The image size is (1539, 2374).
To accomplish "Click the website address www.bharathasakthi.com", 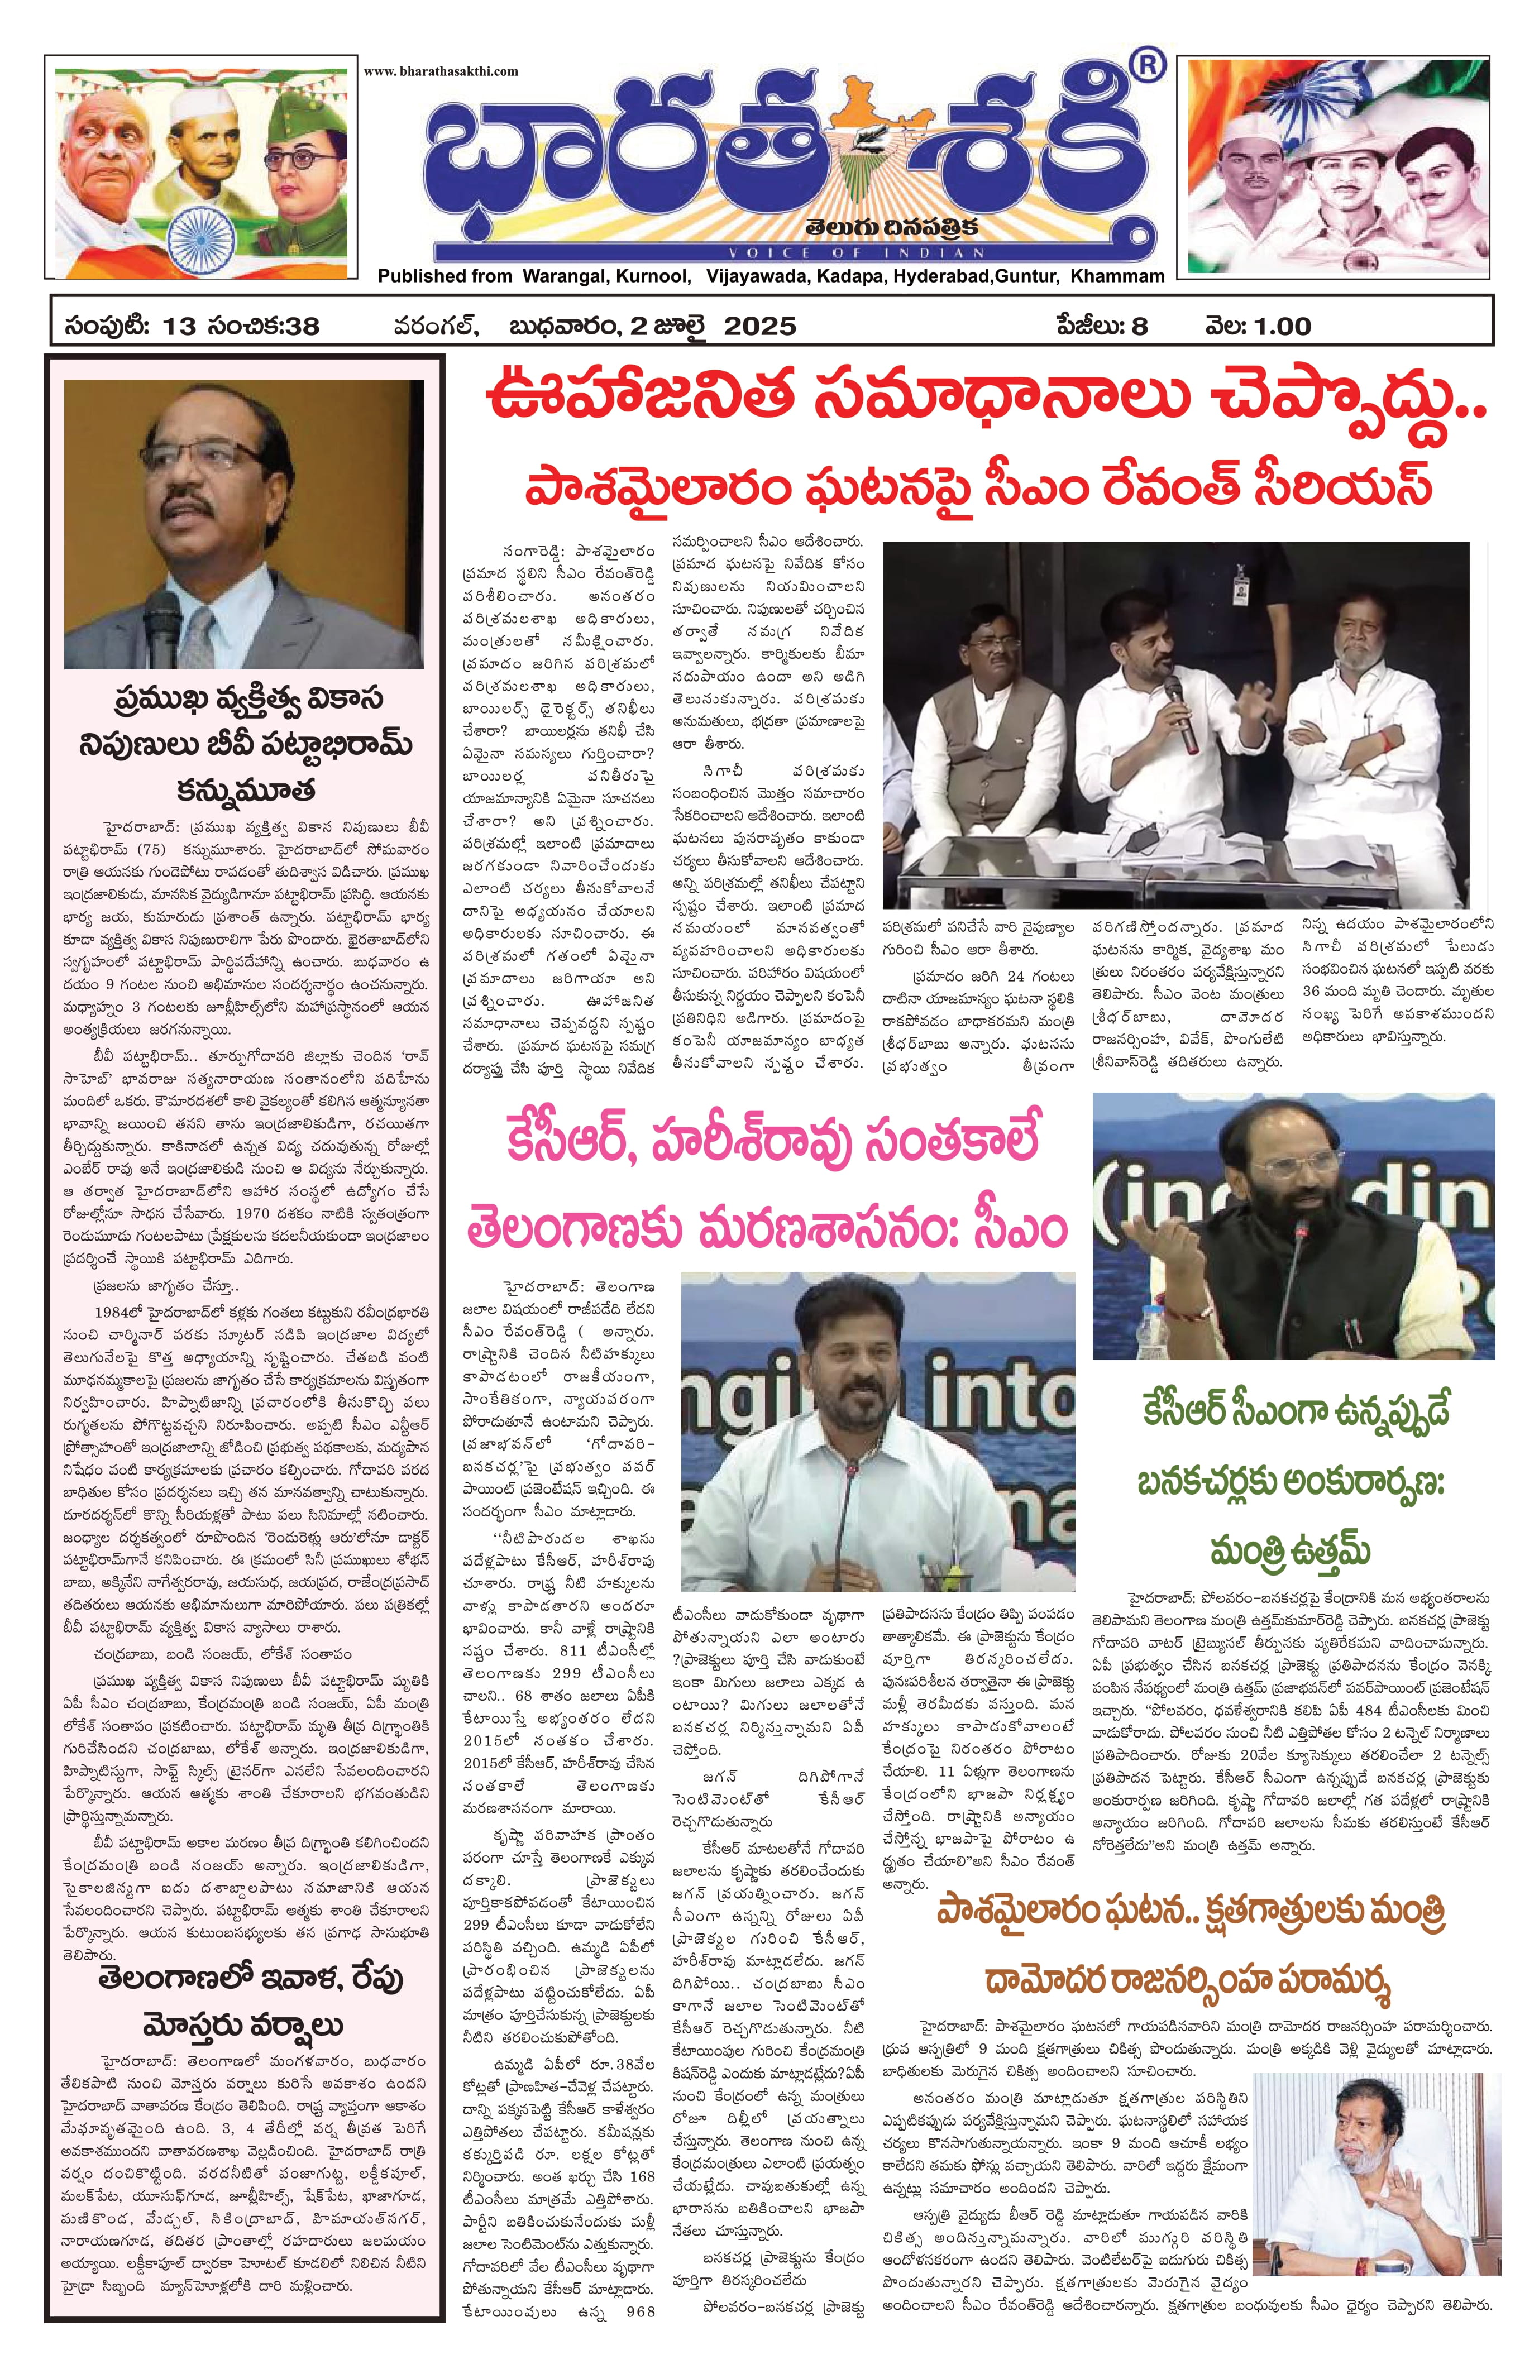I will [x=441, y=71].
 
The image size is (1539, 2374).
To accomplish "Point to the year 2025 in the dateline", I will [x=760, y=326].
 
